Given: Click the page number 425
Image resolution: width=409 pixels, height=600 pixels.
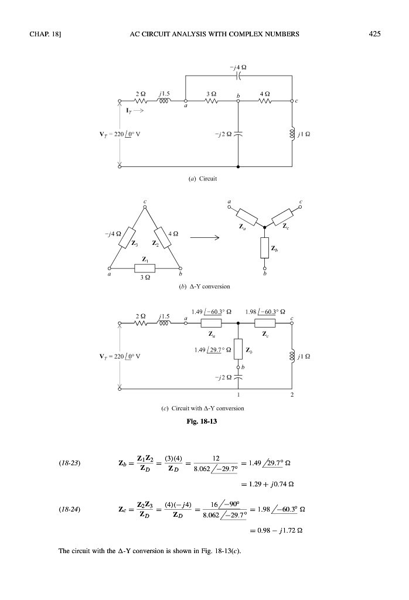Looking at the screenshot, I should pos(375,33).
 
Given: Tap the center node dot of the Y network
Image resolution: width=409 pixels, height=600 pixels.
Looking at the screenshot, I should pos(264,227).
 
